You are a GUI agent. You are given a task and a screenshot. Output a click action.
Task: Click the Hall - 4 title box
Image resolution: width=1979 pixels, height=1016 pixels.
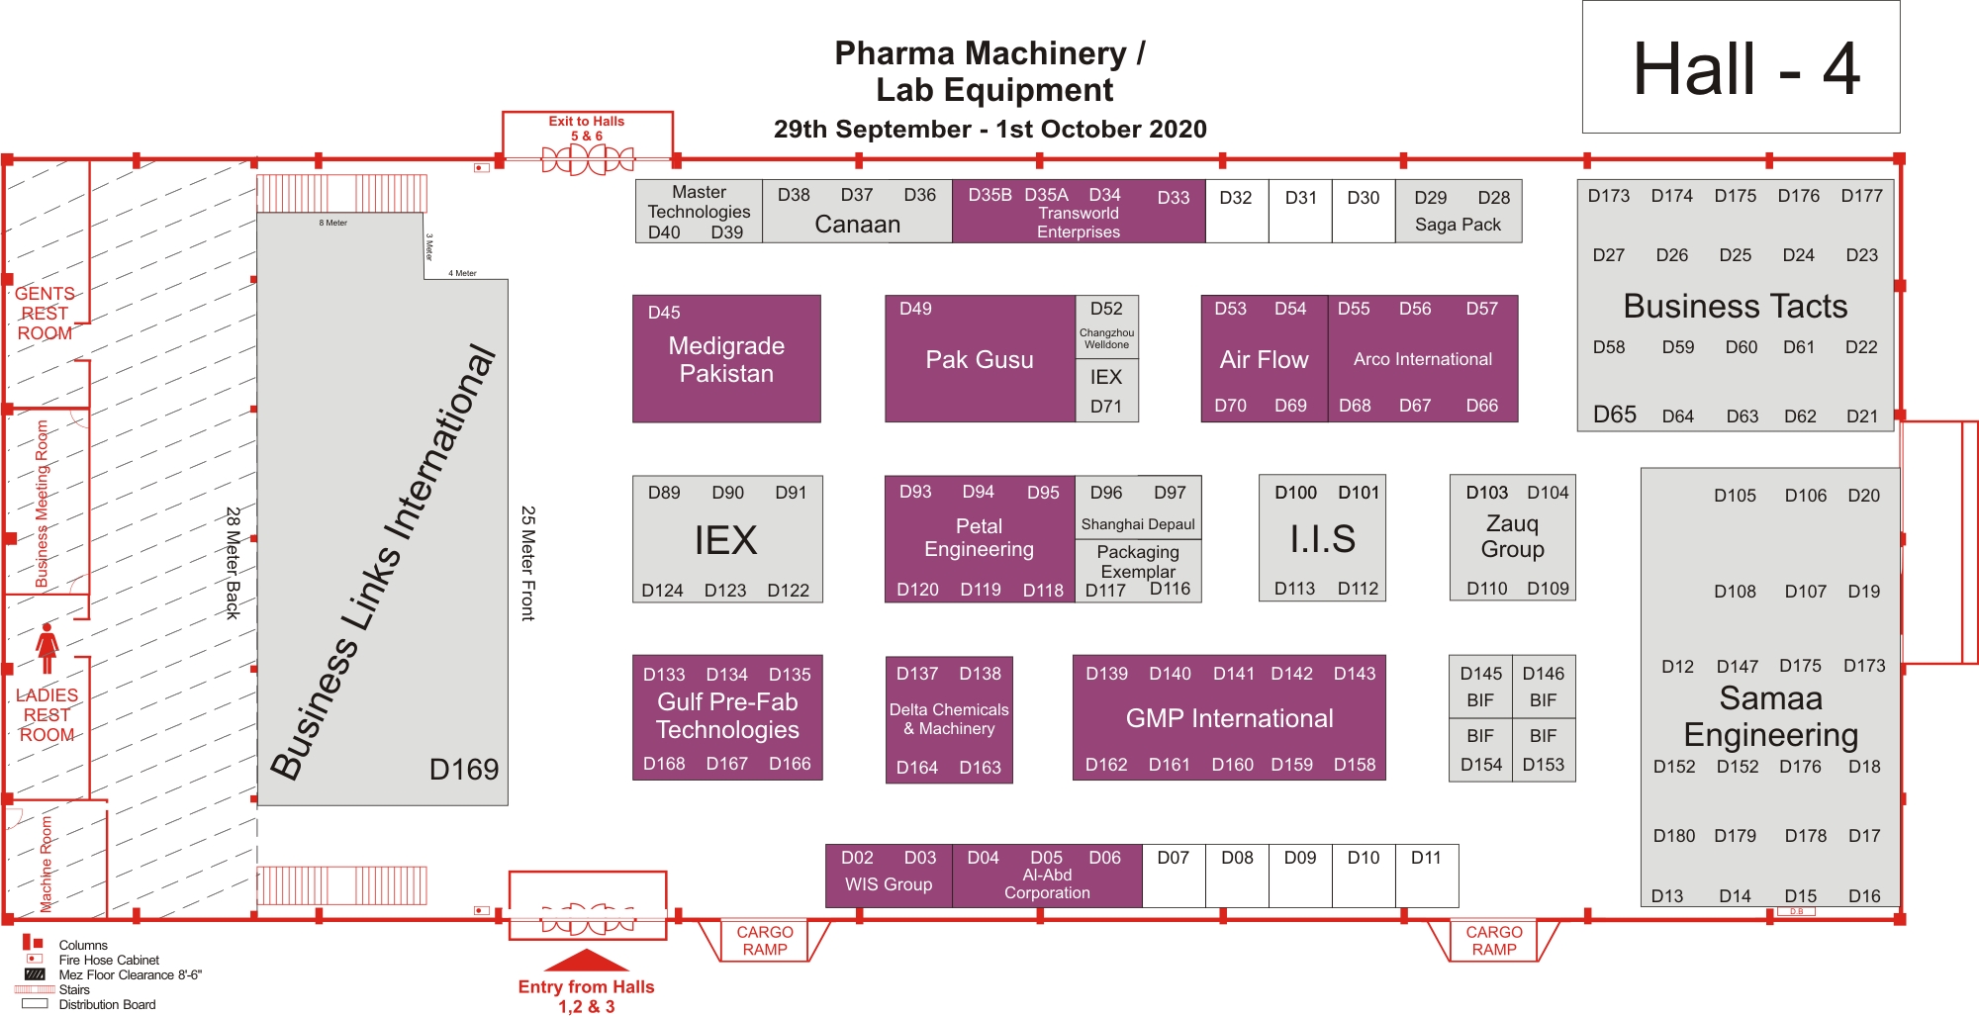(x=1741, y=67)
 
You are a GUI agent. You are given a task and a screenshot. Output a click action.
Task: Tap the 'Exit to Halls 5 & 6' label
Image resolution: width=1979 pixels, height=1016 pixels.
(x=587, y=129)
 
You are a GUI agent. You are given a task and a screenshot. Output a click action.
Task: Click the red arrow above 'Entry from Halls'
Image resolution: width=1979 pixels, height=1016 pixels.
(x=587, y=960)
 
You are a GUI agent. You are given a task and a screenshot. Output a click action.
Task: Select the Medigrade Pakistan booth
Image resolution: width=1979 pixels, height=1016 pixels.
(x=726, y=359)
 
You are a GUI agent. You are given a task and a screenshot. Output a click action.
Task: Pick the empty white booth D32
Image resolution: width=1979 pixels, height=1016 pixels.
(x=1237, y=211)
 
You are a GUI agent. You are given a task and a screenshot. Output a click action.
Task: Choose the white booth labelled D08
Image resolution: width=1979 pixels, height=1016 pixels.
(x=1237, y=876)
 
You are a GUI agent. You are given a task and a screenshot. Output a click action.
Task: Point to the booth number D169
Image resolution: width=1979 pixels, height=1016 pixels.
(x=464, y=769)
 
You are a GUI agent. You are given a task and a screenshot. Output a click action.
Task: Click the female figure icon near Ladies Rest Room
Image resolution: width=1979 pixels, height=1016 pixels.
(x=47, y=648)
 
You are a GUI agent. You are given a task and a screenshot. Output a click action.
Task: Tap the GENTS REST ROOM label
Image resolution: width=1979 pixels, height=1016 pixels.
(x=45, y=314)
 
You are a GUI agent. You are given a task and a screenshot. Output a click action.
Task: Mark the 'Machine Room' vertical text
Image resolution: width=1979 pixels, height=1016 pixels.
(x=47, y=864)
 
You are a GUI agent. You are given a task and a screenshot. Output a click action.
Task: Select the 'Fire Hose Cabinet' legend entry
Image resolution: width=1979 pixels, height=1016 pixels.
(x=109, y=960)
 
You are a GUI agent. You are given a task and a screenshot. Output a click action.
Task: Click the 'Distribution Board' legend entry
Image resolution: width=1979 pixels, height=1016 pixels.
(x=107, y=1004)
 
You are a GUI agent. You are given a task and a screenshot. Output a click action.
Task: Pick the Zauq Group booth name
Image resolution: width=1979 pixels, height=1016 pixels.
(x=1512, y=536)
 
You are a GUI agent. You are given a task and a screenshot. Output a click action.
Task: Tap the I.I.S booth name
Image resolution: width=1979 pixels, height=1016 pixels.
(x=1322, y=539)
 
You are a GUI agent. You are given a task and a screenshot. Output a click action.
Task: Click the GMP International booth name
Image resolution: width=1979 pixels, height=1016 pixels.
(x=1229, y=718)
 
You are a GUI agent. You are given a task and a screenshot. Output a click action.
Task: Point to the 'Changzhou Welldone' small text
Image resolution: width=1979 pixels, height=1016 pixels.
(x=1106, y=338)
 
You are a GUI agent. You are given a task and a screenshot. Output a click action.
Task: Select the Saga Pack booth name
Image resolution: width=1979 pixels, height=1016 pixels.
(x=1458, y=225)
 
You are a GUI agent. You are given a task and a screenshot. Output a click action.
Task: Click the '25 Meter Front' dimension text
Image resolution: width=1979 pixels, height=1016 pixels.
(x=528, y=563)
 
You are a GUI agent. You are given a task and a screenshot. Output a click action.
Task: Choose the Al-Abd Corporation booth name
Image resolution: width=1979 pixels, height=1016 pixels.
(x=1047, y=883)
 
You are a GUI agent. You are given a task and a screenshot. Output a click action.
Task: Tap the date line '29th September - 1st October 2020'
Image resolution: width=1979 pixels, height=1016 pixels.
(x=989, y=129)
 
